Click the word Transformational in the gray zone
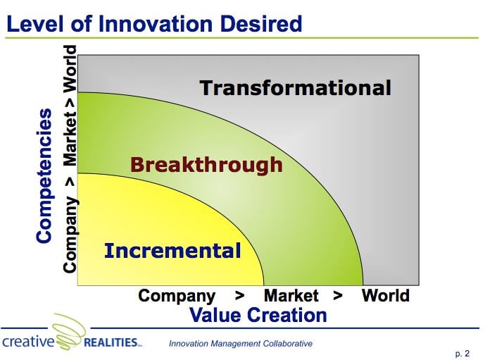point(295,88)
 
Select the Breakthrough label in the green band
point(206,165)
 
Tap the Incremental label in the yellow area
point(172,250)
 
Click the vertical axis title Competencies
point(44,175)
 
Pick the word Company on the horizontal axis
point(177,295)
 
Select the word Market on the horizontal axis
point(291,295)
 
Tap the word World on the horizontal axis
point(385,295)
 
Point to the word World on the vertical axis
point(70,69)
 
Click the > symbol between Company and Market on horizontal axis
point(239,296)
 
